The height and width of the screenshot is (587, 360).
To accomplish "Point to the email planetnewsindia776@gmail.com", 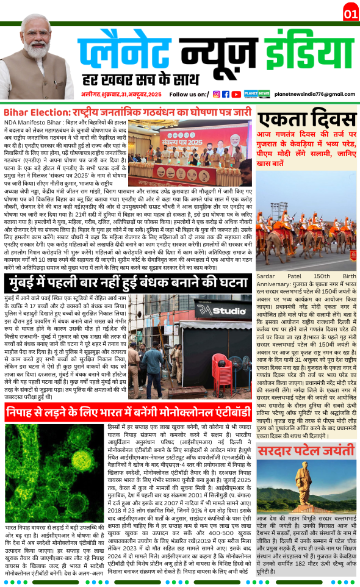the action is pyautogui.click(x=315, y=95).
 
